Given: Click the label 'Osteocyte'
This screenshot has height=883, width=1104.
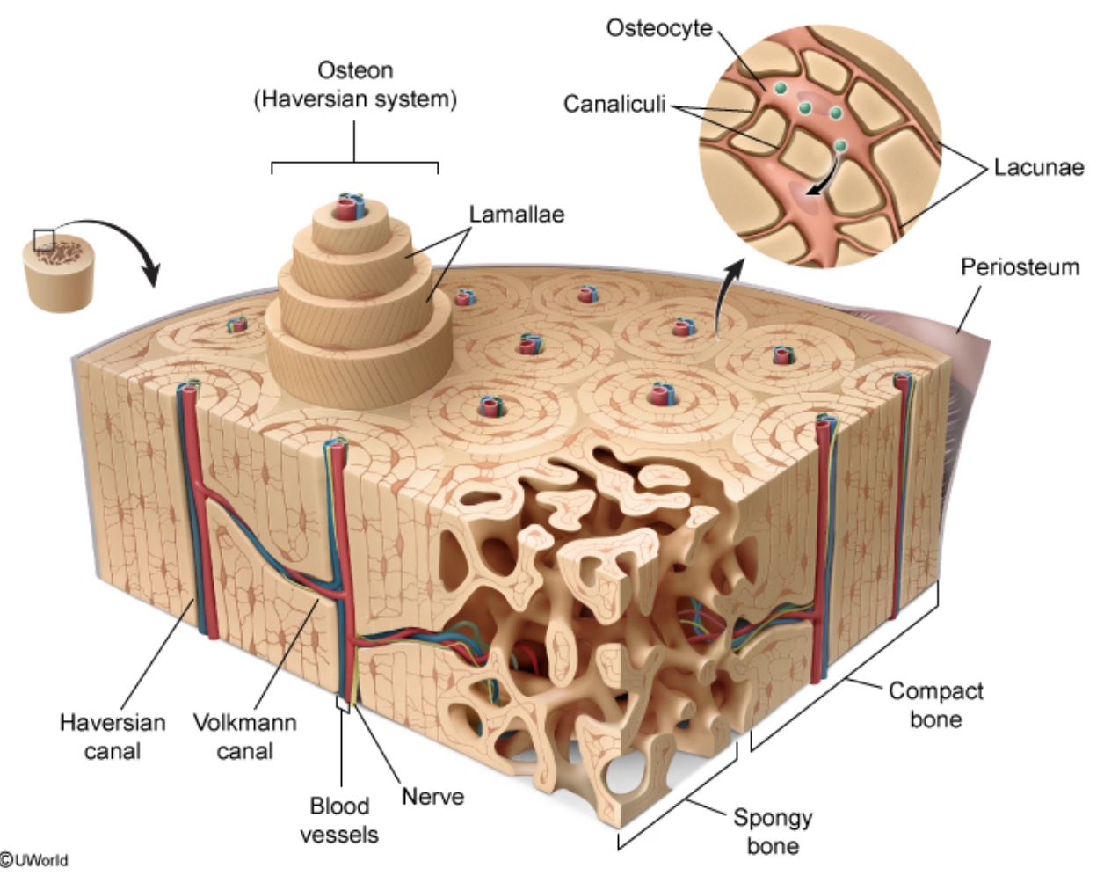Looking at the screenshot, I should point(658,28).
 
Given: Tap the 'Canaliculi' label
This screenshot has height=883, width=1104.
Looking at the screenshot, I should point(614,105).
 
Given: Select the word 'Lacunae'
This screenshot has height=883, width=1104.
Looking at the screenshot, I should point(1038,167).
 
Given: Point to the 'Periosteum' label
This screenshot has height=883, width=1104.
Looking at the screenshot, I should point(1019,266).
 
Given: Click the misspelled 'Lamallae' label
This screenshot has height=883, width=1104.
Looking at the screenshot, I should point(516,215).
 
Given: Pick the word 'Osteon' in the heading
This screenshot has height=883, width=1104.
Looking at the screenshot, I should point(354,70).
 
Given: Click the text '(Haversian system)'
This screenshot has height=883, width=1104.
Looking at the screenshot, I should point(355,99).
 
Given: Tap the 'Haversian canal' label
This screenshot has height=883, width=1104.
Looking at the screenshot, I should point(112,736).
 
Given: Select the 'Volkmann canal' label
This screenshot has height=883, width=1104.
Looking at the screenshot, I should point(244,736).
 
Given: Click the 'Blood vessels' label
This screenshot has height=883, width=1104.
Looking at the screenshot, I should point(339,820).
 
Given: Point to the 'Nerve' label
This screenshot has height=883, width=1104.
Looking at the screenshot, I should point(432,797).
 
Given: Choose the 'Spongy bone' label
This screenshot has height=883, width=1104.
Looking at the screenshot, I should point(773,831).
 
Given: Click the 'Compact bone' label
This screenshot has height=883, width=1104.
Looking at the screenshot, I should point(935,704).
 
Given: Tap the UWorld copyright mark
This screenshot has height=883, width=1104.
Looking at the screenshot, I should point(35,860).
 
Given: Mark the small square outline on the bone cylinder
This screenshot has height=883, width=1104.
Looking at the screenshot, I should point(44,239).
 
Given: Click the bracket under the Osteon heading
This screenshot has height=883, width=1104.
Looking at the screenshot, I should point(354,163).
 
